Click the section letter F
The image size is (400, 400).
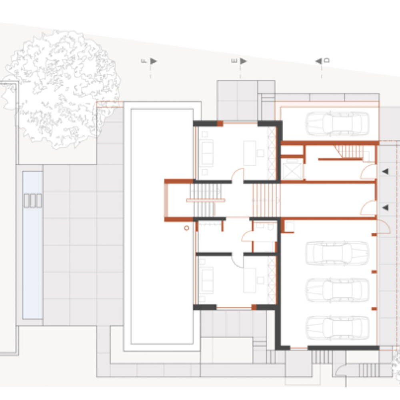click(x=144, y=61)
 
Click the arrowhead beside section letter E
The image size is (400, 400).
click(x=244, y=61)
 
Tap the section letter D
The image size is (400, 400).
click(x=326, y=61)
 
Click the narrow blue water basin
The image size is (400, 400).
click(x=32, y=245)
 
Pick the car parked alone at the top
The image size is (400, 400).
click(x=337, y=124)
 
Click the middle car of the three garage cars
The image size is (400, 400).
click(x=337, y=290)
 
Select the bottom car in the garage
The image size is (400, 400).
click(x=337, y=328)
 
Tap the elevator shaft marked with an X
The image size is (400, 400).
click(x=292, y=169)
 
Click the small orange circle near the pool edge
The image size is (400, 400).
click(x=186, y=228)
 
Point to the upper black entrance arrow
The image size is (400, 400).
click(x=385, y=172)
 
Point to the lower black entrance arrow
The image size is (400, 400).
click(x=385, y=208)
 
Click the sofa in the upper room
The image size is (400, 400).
click(x=207, y=153)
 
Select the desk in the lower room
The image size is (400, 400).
click(x=250, y=280)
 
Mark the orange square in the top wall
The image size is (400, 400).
click(x=220, y=124)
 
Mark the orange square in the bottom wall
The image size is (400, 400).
click(x=254, y=307)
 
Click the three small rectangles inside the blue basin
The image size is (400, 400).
click(x=33, y=201)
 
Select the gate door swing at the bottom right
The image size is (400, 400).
click(x=340, y=371)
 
